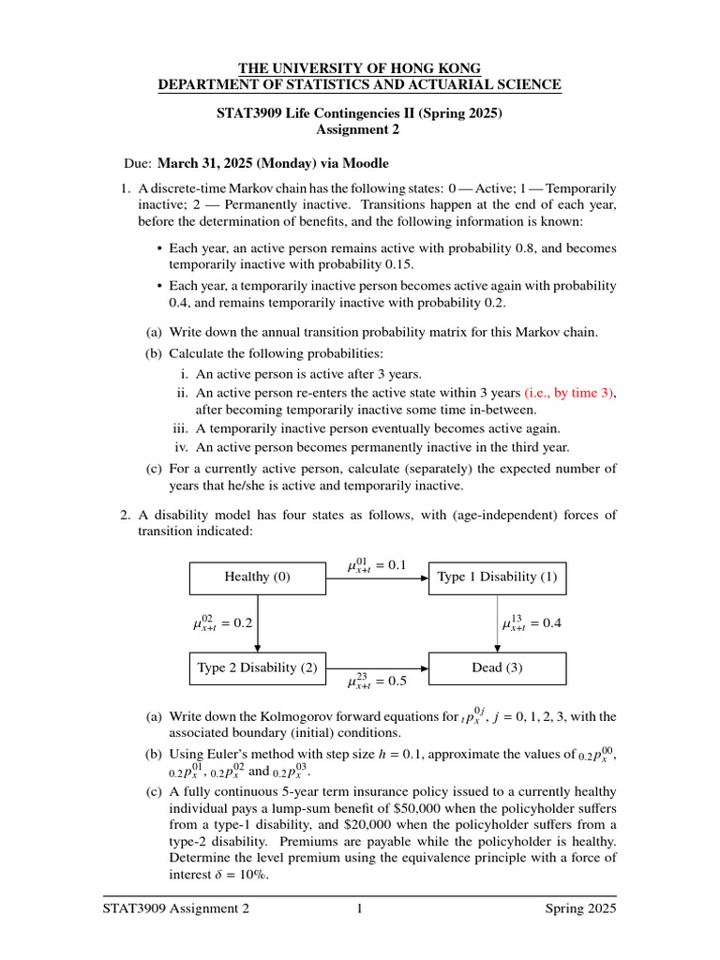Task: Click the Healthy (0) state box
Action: (257, 577)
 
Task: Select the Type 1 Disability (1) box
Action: (497, 577)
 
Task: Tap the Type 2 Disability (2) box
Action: (257, 668)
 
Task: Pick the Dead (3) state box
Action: (497, 668)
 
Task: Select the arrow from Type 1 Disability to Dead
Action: (497, 623)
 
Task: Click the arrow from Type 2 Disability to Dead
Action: (376, 668)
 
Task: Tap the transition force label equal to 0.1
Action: (376, 565)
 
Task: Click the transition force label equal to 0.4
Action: (532, 622)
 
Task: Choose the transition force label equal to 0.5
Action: (376, 682)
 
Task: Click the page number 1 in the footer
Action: (359, 908)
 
